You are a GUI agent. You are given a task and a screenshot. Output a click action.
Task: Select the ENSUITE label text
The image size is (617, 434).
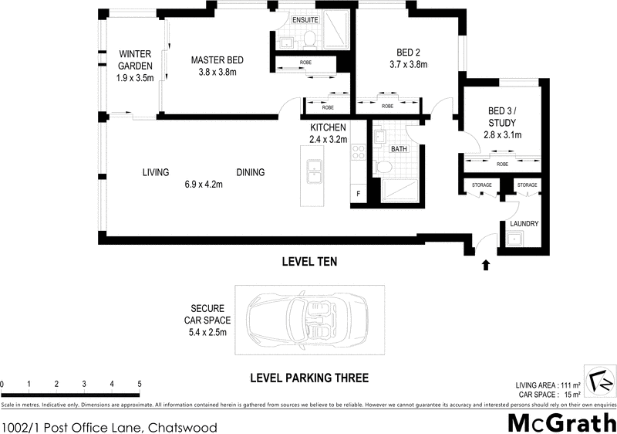tap(305, 19)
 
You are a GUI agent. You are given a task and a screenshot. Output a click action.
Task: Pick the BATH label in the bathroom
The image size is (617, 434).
tap(398, 148)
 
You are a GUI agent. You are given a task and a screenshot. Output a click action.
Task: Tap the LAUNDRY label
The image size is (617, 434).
tap(524, 224)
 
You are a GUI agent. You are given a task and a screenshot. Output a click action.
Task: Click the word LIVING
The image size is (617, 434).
tap(155, 172)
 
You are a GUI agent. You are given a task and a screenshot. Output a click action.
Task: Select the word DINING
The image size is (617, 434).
tap(251, 172)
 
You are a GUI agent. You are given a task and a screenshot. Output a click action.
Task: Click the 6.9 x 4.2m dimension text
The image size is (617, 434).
tap(204, 184)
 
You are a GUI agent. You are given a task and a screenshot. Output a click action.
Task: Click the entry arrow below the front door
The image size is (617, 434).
tap(486, 266)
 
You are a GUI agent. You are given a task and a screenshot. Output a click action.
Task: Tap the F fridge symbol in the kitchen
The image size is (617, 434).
tap(357, 194)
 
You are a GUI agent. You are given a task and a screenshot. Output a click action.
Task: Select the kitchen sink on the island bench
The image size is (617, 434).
tap(315, 172)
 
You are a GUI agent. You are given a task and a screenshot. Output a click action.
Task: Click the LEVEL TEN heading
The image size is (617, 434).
tap(308, 263)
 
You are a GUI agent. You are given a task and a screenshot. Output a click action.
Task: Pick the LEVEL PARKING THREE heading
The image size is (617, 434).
tap(308, 378)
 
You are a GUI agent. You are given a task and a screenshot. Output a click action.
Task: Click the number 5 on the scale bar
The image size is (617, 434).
tap(140, 384)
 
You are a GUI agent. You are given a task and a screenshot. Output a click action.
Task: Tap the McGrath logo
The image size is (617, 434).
tap(560, 423)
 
